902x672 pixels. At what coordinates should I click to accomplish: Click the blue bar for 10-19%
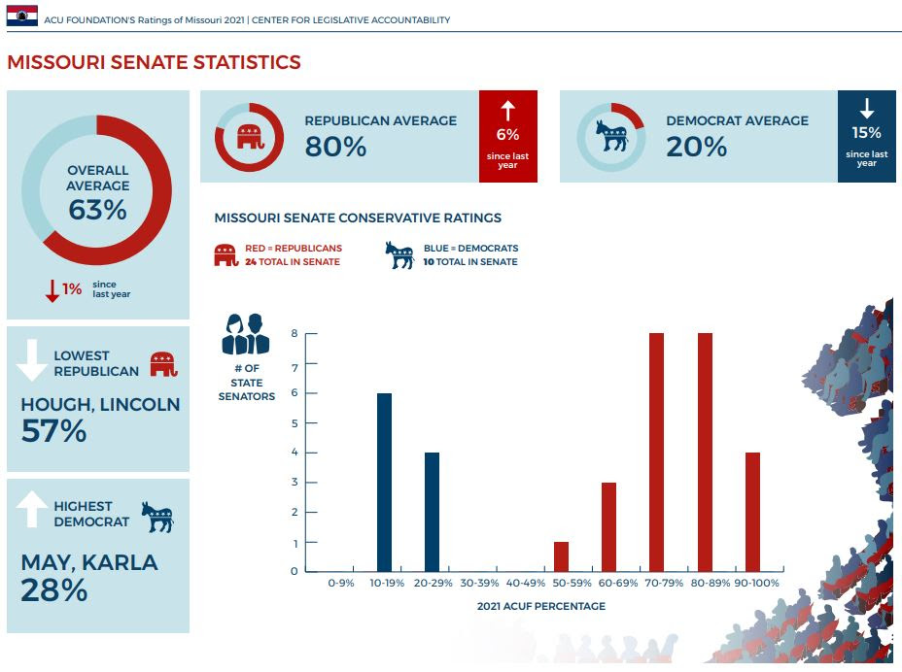[x=384, y=483]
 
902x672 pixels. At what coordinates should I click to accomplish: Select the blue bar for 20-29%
[x=432, y=512]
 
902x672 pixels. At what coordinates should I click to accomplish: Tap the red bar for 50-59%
[x=561, y=556]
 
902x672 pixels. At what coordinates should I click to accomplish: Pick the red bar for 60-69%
[x=608, y=526]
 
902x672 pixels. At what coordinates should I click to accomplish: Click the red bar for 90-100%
[x=752, y=512]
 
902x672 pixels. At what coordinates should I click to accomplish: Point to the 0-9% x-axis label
[x=341, y=585]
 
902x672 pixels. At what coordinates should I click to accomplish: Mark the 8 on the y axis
[x=294, y=334]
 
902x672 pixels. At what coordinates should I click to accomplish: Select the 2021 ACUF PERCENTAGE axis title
[x=540, y=606]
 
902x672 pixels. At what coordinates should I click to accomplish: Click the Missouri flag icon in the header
[x=21, y=16]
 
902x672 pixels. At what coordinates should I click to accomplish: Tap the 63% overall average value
[x=97, y=210]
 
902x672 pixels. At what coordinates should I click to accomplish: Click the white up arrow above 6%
[x=507, y=111]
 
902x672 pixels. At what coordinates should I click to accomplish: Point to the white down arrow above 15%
[x=867, y=109]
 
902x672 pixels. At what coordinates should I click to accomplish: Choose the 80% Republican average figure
[x=335, y=147]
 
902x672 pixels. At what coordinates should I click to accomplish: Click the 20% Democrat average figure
[x=696, y=147]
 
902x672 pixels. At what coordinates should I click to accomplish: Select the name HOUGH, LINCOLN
[x=100, y=404]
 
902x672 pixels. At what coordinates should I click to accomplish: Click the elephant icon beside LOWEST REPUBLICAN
[x=164, y=363]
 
